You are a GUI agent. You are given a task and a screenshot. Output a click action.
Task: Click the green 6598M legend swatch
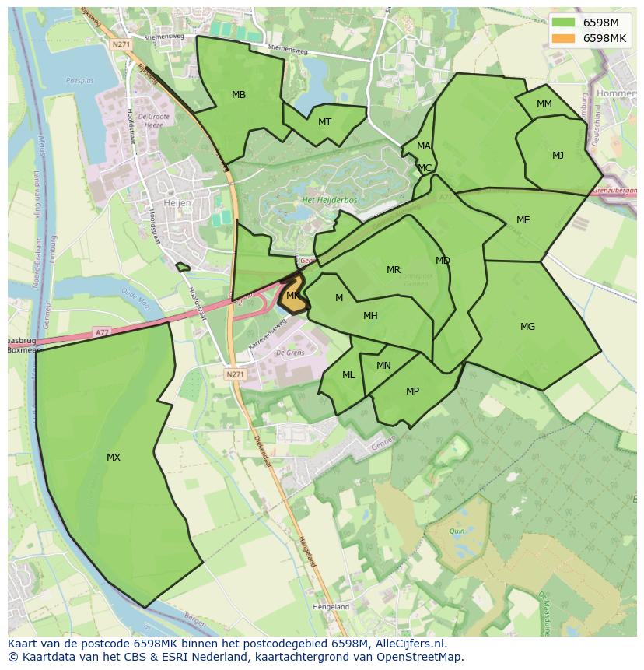[x=564, y=23]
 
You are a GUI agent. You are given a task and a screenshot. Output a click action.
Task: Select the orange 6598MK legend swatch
[x=564, y=38]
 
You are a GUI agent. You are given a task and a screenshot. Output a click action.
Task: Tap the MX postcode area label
[x=114, y=458]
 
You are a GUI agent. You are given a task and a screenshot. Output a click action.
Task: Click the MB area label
[x=239, y=95]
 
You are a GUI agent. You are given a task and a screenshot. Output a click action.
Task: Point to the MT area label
[x=324, y=121]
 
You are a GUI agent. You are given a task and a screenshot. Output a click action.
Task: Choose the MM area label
[x=544, y=104]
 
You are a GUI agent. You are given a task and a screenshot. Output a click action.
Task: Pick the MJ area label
[x=558, y=156]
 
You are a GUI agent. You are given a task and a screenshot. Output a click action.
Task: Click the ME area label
[x=523, y=220]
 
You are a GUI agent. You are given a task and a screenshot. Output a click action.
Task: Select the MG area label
[x=527, y=327]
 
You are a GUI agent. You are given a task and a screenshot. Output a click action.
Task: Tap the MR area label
[x=394, y=270]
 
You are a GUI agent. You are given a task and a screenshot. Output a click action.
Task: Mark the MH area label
[x=370, y=316]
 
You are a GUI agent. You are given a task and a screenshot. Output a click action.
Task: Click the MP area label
[x=412, y=391]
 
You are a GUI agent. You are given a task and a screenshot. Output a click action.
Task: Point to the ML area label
[x=348, y=375]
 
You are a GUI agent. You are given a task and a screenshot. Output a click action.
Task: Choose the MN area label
[x=383, y=366]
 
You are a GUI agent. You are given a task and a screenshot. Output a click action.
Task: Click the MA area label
[x=423, y=146]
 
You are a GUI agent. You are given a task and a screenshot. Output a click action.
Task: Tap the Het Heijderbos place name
[x=329, y=200]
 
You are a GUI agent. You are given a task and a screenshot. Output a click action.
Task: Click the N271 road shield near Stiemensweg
[x=121, y=44]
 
